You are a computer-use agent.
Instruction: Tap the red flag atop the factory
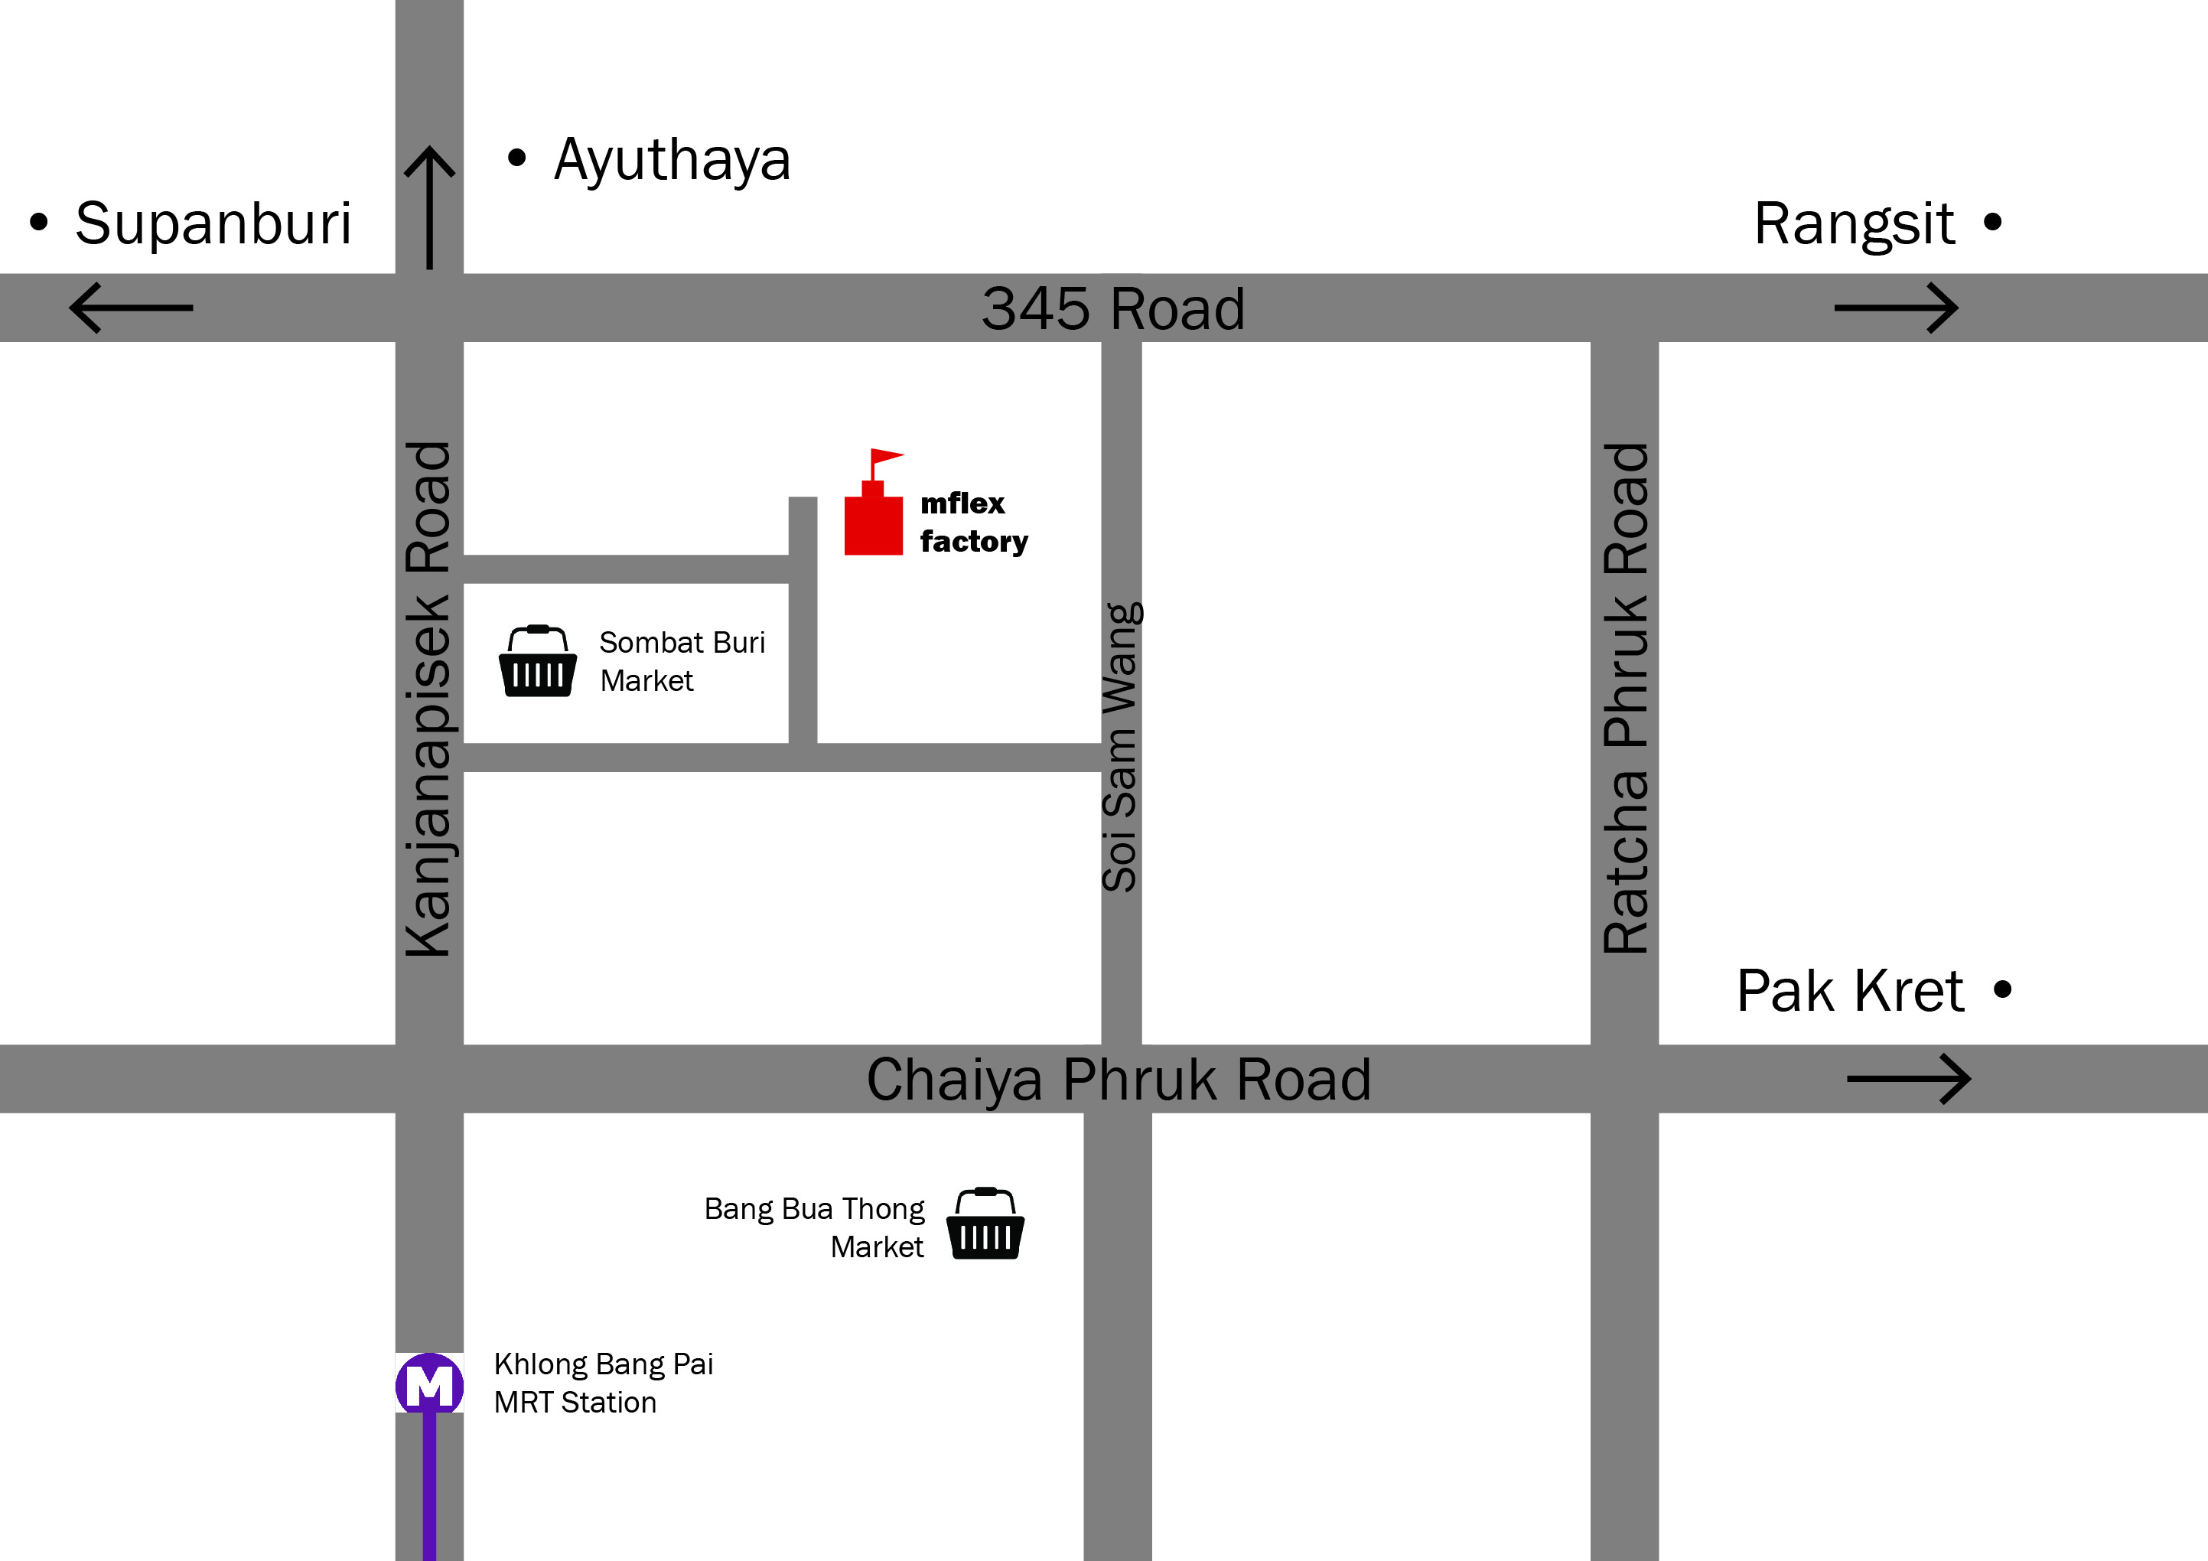887,456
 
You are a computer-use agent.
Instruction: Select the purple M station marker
429,1385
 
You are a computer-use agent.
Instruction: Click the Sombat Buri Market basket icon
538,662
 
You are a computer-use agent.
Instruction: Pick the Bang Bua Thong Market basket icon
985,1224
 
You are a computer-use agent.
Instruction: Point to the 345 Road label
1112,308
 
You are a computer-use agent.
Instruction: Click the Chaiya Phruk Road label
1119,1079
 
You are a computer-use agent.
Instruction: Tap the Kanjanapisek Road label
429,699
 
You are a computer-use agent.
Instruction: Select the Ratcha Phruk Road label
1625,699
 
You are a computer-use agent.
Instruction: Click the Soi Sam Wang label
1122,748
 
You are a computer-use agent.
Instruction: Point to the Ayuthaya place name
671,160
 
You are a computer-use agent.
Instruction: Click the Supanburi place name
213,223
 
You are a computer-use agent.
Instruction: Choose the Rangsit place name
1853,224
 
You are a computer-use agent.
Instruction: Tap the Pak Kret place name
1849,991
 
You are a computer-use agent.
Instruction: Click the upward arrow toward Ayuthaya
429,207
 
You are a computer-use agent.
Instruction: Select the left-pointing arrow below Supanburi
132,308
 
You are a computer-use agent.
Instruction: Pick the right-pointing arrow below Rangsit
1895,308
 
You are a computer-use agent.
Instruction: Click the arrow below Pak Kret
1908,1079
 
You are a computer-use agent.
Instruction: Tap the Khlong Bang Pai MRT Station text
603,1383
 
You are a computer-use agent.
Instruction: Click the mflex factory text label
973,523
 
